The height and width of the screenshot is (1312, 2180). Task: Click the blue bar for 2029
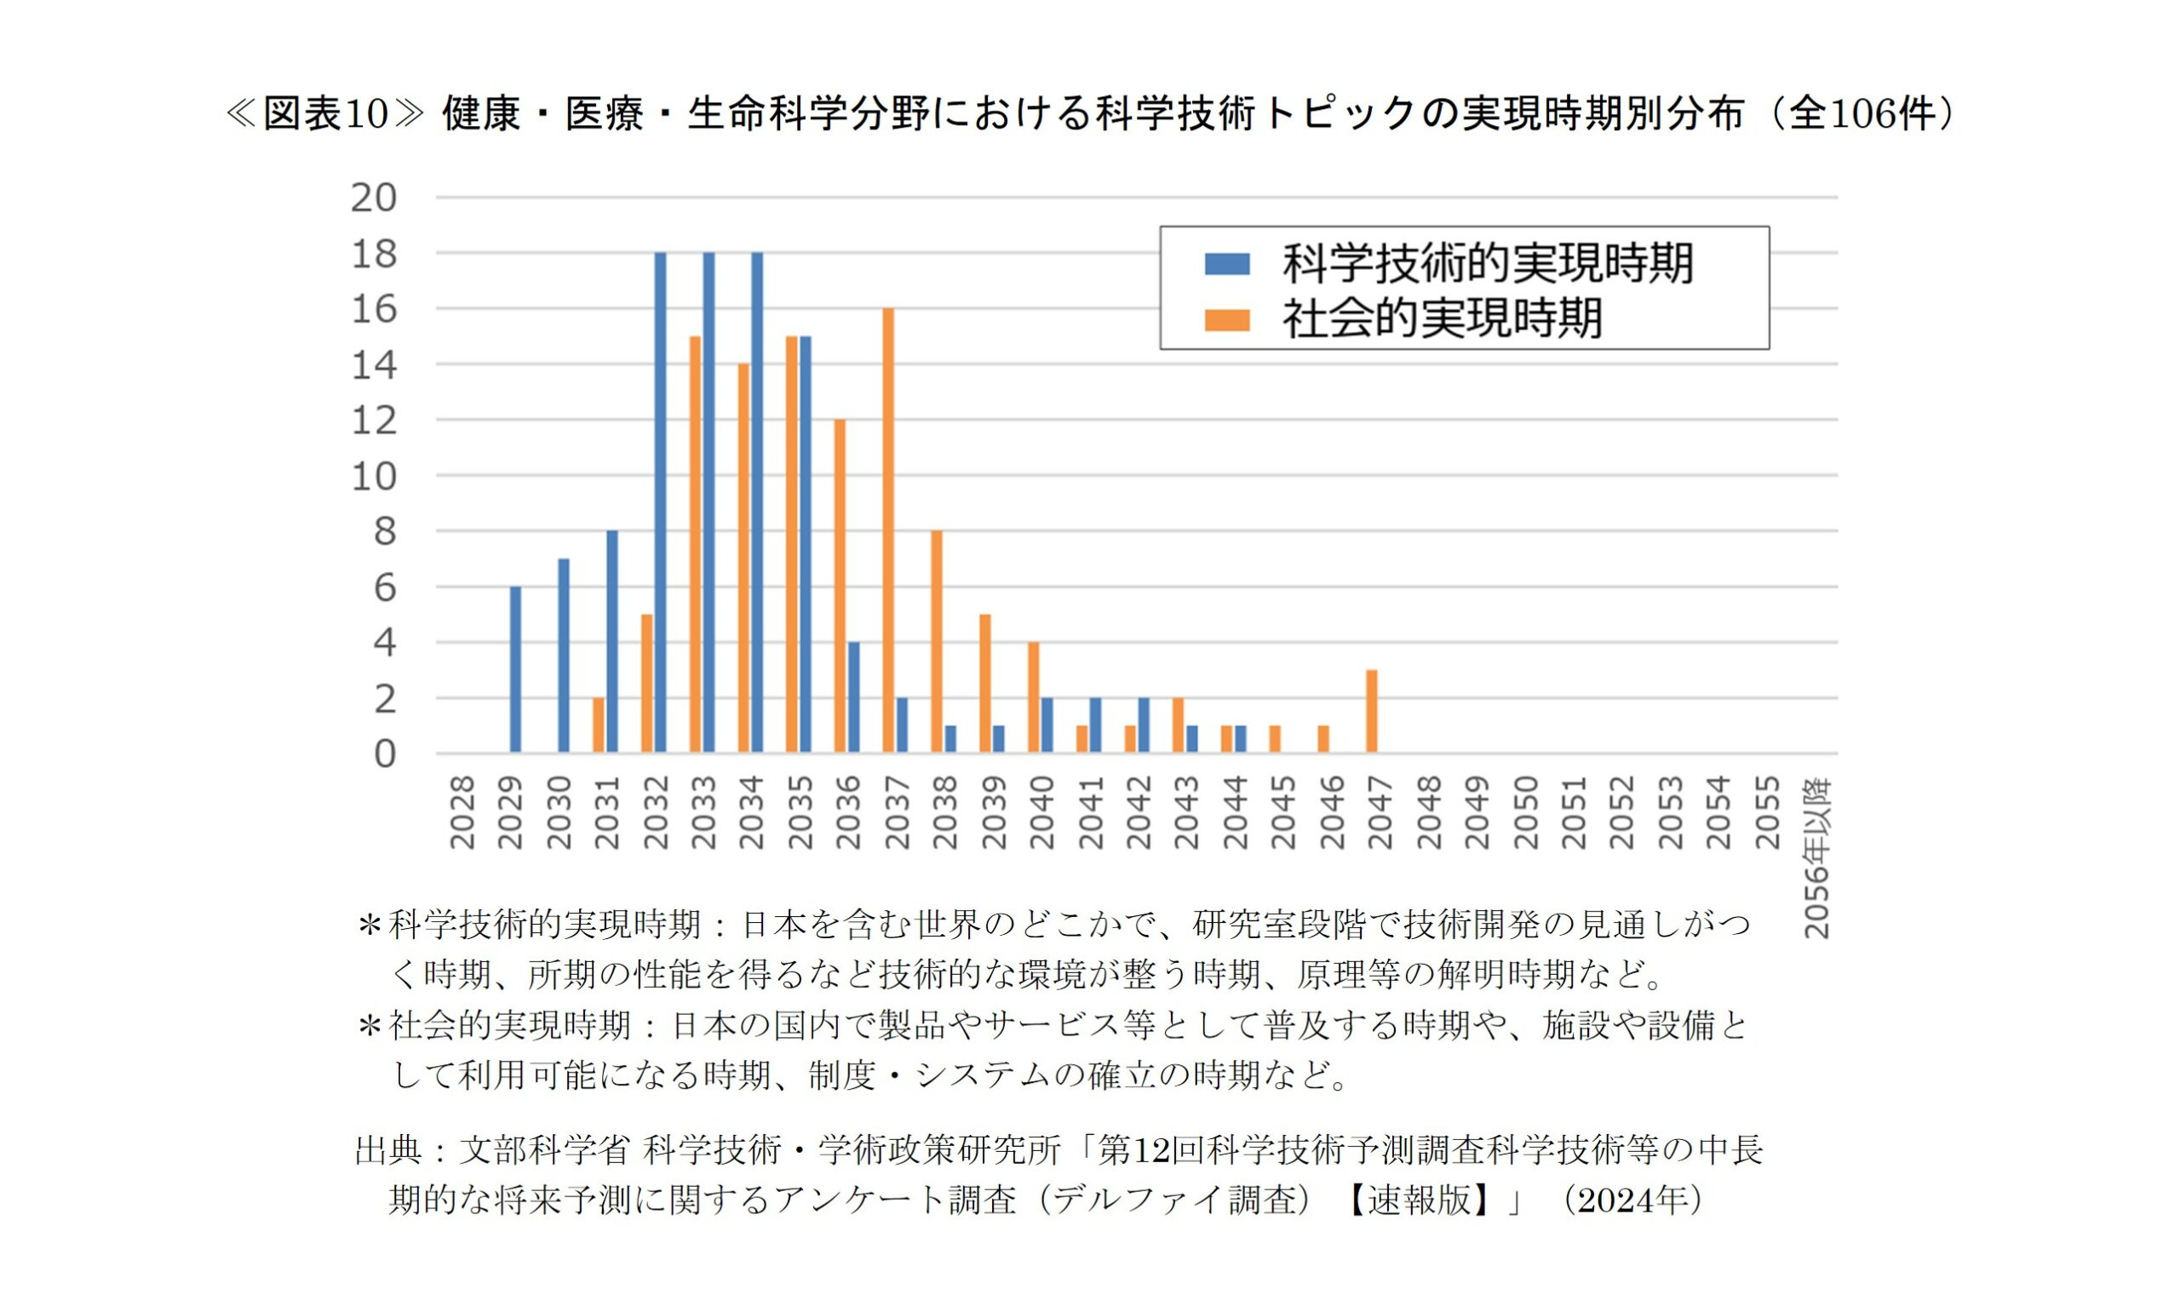click(515, 669)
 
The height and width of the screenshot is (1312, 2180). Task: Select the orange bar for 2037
click(887, 530)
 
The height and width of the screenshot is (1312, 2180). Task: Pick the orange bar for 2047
click(1371, 712)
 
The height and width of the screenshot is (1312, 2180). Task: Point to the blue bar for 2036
click(853, 697)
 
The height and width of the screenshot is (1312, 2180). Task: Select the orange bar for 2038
click(936, 642)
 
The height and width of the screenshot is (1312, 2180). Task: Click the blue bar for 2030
click(563, 656)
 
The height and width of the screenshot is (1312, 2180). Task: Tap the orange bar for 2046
click(1322, 739)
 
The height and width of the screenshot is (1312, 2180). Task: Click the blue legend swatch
click(1226, 263)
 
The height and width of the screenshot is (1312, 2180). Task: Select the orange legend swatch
click(1226, 319)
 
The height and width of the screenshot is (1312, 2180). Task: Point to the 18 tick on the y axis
click(374, 254)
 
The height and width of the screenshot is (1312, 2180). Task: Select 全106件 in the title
click(1862, 114)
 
